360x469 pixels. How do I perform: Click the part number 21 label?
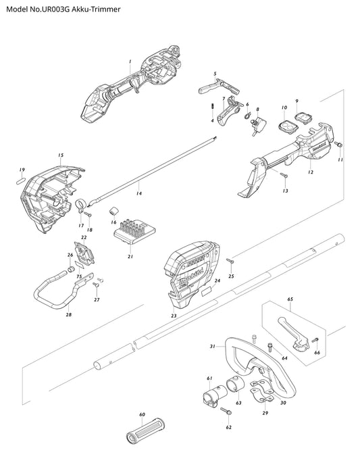[130, 256]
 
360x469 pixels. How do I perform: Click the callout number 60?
[142, 414]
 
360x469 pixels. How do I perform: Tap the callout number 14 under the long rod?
[138, 193]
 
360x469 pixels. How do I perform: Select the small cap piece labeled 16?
[113, 210]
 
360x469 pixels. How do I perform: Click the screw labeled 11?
[339, 145]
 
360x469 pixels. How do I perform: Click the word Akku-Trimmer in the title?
[97, 9]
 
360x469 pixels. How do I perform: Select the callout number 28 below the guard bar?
[69, 314]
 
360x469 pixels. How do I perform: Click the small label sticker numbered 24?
[207, 291]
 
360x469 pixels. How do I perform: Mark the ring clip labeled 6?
[247, 115]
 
